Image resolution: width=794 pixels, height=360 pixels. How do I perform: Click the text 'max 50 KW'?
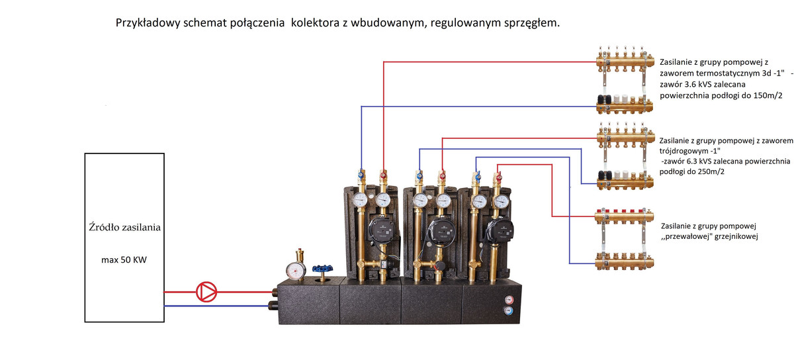pos(124,260)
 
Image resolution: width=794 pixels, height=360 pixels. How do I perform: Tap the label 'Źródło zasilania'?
pos(124,228)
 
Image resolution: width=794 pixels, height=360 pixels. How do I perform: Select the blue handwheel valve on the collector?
pos(324,270)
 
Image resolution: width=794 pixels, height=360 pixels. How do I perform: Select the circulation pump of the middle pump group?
pos(439,230)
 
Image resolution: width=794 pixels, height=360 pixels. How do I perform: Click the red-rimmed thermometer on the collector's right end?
pos(507,298)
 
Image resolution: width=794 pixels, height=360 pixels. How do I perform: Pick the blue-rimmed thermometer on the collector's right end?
pos(507,310)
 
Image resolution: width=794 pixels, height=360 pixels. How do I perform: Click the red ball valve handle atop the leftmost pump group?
pos(384,175)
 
